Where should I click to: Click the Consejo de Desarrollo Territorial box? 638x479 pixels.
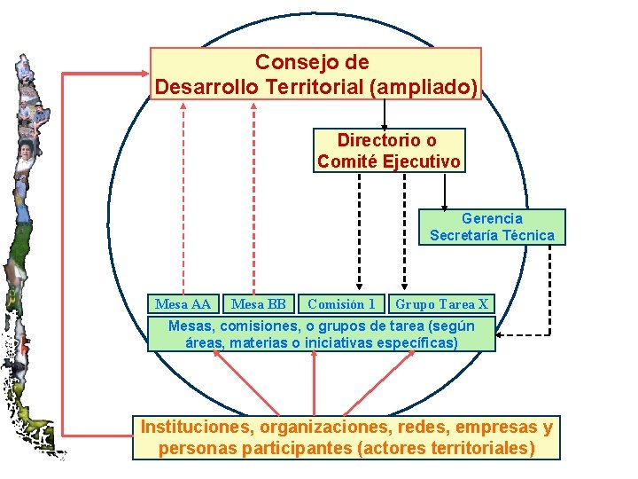(315, 74)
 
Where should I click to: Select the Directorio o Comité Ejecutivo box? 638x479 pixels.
(388, 151)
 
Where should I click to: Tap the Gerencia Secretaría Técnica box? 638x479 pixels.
(492, 226)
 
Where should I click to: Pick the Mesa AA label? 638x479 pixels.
(183, 304)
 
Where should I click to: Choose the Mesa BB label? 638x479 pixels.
(258, 304)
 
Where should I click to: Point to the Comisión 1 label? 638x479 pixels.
(341, 304)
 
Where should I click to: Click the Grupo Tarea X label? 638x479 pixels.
(441, 304)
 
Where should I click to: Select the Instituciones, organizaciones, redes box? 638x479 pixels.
(346, 437)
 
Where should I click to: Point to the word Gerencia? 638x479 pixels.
(492, 218)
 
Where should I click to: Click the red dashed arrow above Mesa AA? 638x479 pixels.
(183, 195)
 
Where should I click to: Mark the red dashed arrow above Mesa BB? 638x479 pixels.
(254, 195)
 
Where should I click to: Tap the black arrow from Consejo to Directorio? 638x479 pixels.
(384, 114)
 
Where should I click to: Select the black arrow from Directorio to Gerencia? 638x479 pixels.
(444, 191)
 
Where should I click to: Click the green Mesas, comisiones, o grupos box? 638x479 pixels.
(321, 334)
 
